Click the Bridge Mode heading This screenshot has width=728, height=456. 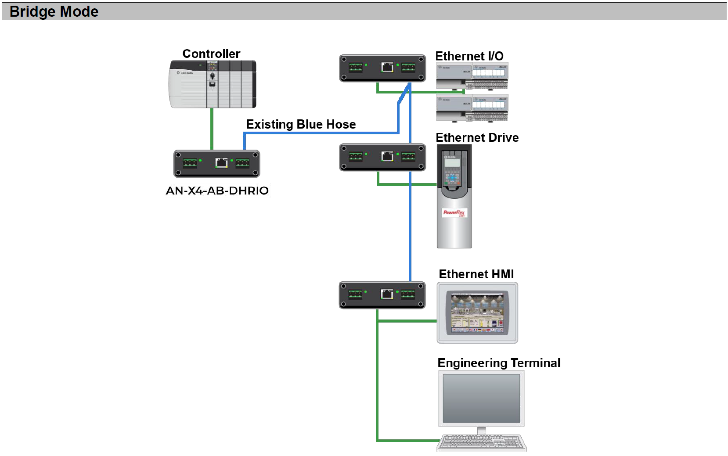pos(54,11)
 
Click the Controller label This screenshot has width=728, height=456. pos(211,54)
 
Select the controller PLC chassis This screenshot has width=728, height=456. pos(213,84)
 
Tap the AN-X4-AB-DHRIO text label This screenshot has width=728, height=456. pos(217,191)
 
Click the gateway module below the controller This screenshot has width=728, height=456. pos(217,164)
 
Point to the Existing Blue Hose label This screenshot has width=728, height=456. pos(301,124)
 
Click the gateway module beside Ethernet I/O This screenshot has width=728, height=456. pos(382,68)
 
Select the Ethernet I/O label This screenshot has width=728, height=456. pos(469,56)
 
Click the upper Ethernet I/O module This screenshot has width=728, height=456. pos(472,76)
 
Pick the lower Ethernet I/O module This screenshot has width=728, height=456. pos(472,108)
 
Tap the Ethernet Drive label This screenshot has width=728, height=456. pos(477,138)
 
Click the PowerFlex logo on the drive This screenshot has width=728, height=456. pos(454,213)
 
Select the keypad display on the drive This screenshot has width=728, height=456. pos(452,163)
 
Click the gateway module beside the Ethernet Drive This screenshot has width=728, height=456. pos(382,157)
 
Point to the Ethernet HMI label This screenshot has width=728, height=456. pos(476,274)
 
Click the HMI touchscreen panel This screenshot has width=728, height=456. pos(477,312)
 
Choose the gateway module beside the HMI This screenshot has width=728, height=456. pos(382,295)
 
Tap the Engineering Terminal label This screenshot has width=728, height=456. pos(499,363)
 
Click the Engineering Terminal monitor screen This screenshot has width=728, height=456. pos(481,398)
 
